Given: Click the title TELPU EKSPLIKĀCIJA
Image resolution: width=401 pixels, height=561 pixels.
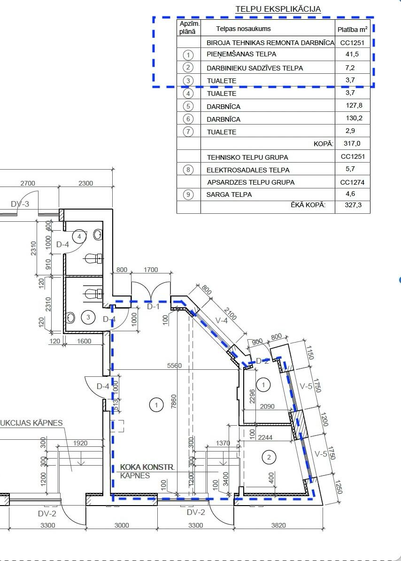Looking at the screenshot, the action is (278, 9).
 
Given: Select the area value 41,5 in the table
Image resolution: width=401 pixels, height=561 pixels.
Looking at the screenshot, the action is (352, 54).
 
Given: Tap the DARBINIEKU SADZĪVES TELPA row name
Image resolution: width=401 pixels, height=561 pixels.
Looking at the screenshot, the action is (255, 68).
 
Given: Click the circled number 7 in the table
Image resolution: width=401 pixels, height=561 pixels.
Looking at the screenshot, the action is (188, 131).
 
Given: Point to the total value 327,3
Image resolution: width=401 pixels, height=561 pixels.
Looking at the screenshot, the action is (353, 205).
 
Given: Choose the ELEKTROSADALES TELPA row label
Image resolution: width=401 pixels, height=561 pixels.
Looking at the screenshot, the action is (248, 170).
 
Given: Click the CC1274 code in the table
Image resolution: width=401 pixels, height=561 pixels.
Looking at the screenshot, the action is (352, 182).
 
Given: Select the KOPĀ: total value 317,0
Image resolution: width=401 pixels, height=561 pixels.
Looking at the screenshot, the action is (352, 143).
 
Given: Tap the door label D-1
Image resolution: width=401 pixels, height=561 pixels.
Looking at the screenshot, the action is (154, 306).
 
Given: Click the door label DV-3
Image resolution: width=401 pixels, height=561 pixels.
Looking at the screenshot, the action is (20, 204).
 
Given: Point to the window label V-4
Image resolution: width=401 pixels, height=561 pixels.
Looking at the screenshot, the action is (222, 320).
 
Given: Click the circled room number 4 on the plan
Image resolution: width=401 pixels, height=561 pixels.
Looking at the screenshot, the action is (79, 236).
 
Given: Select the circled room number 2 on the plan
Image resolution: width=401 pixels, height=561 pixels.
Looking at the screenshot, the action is (269, 457).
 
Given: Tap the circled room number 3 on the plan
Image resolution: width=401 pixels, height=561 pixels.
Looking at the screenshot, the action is (88, 317).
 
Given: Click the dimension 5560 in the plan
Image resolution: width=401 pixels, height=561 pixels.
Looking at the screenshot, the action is (174, 365).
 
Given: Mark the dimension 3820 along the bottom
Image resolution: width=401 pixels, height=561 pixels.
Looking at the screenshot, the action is (278, 525).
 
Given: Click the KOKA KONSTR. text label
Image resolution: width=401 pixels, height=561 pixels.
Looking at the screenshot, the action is (147, 467).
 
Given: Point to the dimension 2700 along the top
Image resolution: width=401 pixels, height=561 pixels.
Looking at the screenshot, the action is (28, 183).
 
